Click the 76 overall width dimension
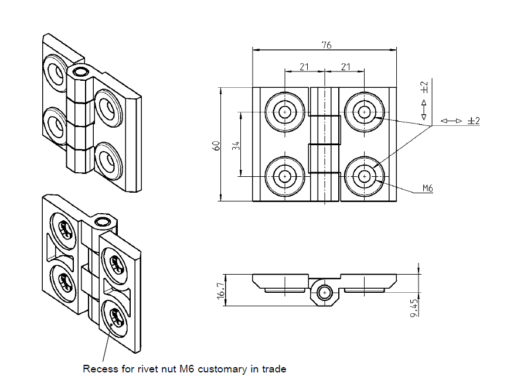click(x=326, y=45)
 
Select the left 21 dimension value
click(x=304, y=67)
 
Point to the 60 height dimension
click(x=216, y=146)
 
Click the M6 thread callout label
click(x=427, y=189)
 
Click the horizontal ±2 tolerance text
click(x=474, y=121)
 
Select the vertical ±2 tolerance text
click(x=424, y=87)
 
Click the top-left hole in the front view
click(x=285, y=112)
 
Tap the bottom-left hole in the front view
click(x=285, y=176)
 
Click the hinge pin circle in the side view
click(x=324, y=292)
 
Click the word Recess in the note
click(x=98, y=369)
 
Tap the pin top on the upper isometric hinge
click(x=80, y=72)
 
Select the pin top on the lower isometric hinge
click(x=103, y=221)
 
